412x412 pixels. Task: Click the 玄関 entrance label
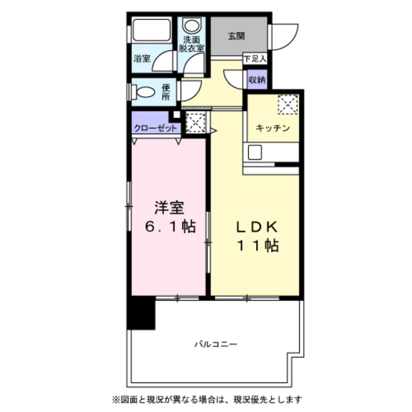coord(236,36)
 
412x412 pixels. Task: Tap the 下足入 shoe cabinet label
coord(255,59)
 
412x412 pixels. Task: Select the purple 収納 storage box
coord(257,79)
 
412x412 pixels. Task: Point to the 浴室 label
coord(142,59)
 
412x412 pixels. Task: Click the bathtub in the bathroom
coord(152,30)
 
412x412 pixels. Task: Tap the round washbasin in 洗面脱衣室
coord(192,26)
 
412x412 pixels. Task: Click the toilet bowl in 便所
coord(144,92)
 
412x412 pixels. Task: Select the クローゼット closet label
coord(156,129)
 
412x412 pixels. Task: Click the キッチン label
coord(273,128)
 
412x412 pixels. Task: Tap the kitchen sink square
coord(255,153)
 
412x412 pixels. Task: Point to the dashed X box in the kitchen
coord(288,104)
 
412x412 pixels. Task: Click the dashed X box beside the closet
coord(196,122)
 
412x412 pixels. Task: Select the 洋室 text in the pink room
coord(169,207)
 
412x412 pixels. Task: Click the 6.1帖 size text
coord(171,227)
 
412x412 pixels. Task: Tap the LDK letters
coord(257,227)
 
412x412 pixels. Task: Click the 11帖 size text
coord(258,246)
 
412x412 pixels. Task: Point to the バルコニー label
coord(216,344)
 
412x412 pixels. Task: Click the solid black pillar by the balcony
coord(141,313)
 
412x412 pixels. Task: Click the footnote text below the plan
coord(207,400)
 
